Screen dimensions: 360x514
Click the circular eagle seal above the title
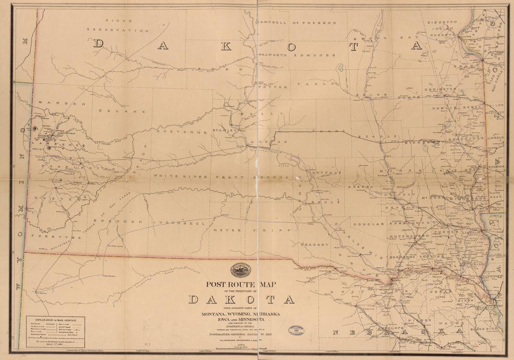click(240, 271)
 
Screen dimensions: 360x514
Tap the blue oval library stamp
click(295, 331)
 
